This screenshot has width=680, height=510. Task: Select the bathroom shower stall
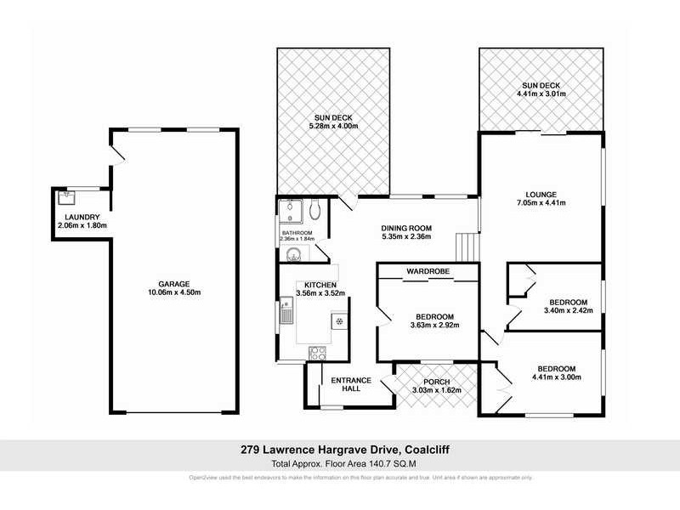(291, 209)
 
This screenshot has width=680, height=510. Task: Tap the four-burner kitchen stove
(317, 352)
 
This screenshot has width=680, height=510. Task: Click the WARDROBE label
(428, 271)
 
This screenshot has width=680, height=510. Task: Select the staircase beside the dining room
(466, 246)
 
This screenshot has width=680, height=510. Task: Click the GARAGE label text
(173, 284)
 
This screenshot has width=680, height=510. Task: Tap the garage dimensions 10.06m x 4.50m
(173, 292)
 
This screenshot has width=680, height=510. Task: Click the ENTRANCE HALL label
(346, 383)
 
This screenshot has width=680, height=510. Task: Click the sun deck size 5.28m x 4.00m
(333, 127)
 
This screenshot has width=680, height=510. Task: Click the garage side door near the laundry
(120, 154)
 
